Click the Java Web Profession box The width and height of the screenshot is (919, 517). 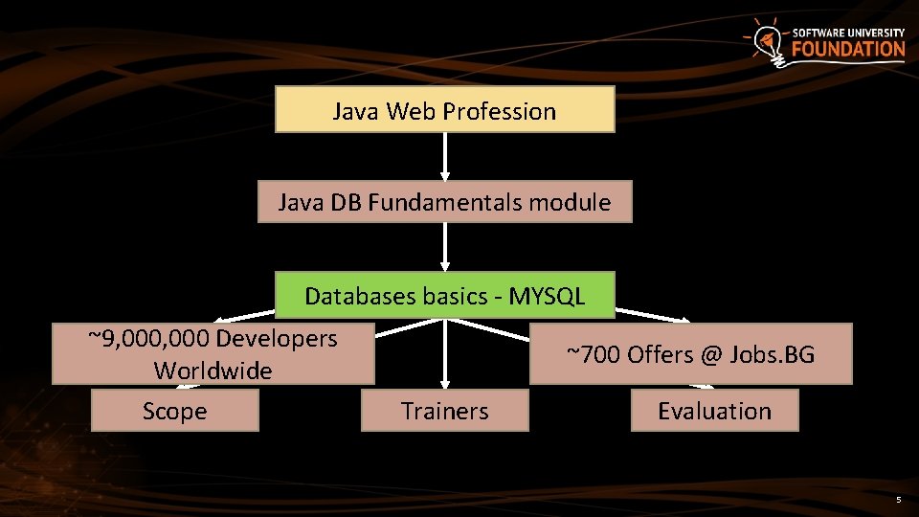[x=444, y=110]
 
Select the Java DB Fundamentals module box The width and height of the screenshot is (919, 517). [x=444, y=202]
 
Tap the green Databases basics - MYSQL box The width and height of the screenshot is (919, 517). [x=444, y=296]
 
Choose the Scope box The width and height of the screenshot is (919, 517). [x=174, y=412]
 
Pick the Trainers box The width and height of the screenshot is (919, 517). [x=444, y=412]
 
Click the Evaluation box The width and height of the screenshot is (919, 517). [x=714, y=412]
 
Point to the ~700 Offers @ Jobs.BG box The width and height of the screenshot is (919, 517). [x=690, y=354]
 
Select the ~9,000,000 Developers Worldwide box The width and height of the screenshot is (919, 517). [x=213, y=354]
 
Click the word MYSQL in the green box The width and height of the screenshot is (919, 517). [x=547, y=296]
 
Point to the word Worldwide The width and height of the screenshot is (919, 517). [x=213, y=371]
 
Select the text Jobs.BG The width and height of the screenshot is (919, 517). [x=773, y=355]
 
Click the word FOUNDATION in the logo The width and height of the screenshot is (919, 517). [x=848, y=49]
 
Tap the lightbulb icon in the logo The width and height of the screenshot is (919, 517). [x=766, y=41]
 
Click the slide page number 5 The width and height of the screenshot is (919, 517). [x=898, y=500]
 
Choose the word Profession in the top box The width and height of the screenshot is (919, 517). [x=499, y=111]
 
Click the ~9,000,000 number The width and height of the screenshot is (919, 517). [x=149, y=338]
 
